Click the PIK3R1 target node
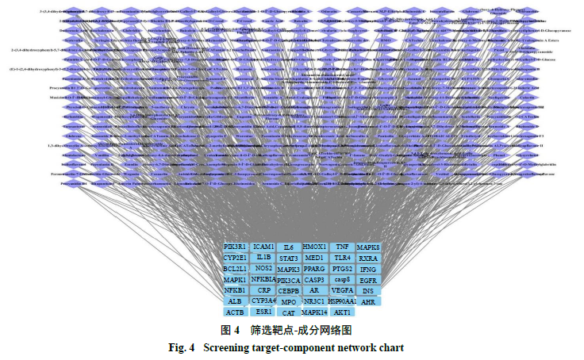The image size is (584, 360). (236, 247)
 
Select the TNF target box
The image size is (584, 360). (342, 247)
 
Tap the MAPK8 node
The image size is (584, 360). (368, 248)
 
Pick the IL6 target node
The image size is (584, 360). (289, 248)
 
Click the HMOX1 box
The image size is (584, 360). (315, 247)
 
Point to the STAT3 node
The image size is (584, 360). (289, 259)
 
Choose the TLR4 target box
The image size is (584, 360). (342, 259)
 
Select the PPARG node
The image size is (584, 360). (315, 269)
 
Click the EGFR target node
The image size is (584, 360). (368, 281)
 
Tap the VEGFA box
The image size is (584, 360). (342, 291)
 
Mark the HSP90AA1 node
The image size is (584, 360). (342, 301)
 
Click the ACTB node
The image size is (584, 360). (235, 312)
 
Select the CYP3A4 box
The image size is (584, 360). (264, 301)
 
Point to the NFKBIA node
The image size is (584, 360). (264, 280)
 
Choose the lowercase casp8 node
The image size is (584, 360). (342, 280)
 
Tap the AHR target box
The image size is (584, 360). (368, 302)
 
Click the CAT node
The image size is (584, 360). (289, 313)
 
